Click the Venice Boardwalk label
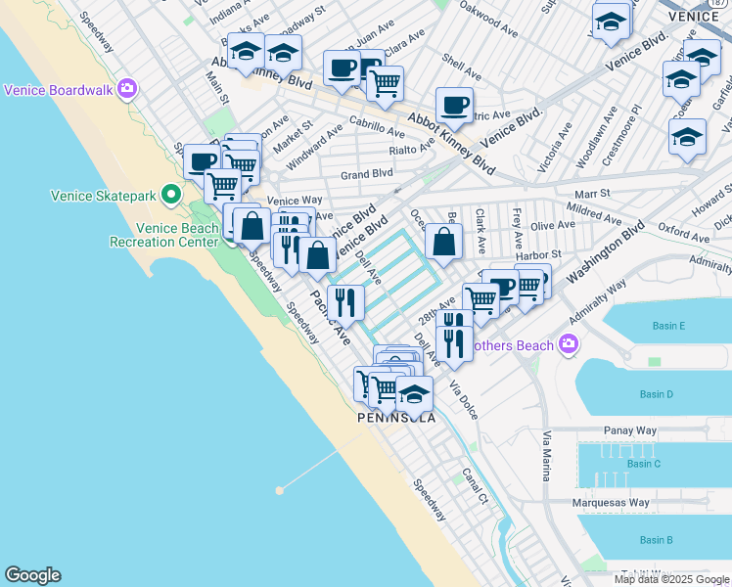click(x=59, y=90)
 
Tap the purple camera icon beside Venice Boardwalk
click(x=126, y=90)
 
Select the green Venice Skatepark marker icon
click(x=172, y=195)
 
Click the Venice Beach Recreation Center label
click(x=163, y=235)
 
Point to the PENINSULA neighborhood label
click(x=396, y=418)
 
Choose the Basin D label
click(x=656, y=394)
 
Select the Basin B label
click(x=656, y=540)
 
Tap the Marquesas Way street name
click(x=612, y=503)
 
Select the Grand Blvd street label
click(x=366, y=174)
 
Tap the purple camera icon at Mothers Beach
click(x=568, y=344)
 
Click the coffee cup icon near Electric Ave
click(x=453, y=106)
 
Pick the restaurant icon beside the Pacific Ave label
click(x=345, y=303)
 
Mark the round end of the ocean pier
click(x=280, y=489)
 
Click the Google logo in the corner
click(x=32, y=575)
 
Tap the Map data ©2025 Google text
click(x=671, y=579)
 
